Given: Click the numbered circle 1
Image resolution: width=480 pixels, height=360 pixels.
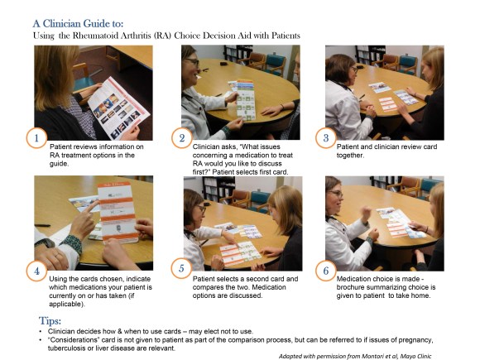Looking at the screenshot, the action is tap(36, 138).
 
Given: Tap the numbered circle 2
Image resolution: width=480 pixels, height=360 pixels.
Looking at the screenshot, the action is tap(182, 138).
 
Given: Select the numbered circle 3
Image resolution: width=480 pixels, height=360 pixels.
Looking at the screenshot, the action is tap(326, 138).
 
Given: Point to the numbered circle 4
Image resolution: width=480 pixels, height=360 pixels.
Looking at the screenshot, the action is tap(36, 271).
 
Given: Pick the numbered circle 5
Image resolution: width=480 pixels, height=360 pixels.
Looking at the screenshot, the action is tap(181, 268).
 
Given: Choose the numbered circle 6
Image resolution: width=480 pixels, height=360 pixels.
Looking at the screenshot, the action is tap(326, 271).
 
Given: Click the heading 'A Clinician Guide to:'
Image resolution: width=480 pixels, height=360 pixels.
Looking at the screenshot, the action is tap(78, 23).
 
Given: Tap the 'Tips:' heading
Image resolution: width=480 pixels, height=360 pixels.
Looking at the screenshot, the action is tap(50, 321).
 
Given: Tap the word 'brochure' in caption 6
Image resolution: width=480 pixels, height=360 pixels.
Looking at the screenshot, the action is tap(351, 287).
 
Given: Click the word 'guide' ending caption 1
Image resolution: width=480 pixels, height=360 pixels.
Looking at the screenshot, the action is tap(59, 164).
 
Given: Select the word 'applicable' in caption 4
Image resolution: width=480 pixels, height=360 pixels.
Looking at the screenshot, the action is tap(65, 305).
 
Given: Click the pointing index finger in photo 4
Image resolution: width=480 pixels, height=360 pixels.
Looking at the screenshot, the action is tap(89, 207).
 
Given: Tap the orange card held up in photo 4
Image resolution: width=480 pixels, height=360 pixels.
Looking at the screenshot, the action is tap(118, 211).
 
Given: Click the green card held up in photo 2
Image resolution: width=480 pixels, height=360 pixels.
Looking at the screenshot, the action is tap(246, 100).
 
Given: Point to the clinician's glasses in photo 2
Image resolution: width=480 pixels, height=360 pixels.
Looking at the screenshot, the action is tap(193, 62).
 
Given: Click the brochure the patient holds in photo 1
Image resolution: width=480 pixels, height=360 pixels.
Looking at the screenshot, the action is tap(119, 108).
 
